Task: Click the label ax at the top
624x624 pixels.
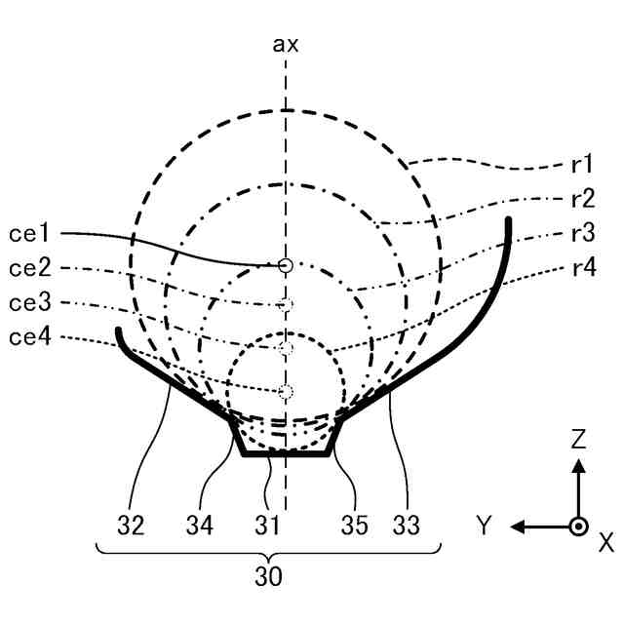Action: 286,44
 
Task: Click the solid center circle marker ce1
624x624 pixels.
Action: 285,264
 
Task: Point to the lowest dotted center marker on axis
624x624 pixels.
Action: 285,392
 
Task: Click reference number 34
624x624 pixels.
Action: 200,526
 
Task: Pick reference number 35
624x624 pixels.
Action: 354,526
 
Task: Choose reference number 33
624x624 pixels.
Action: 407,526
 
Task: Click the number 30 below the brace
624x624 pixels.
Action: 268,577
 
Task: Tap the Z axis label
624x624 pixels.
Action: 578,441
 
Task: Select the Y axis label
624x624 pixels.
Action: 484,526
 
